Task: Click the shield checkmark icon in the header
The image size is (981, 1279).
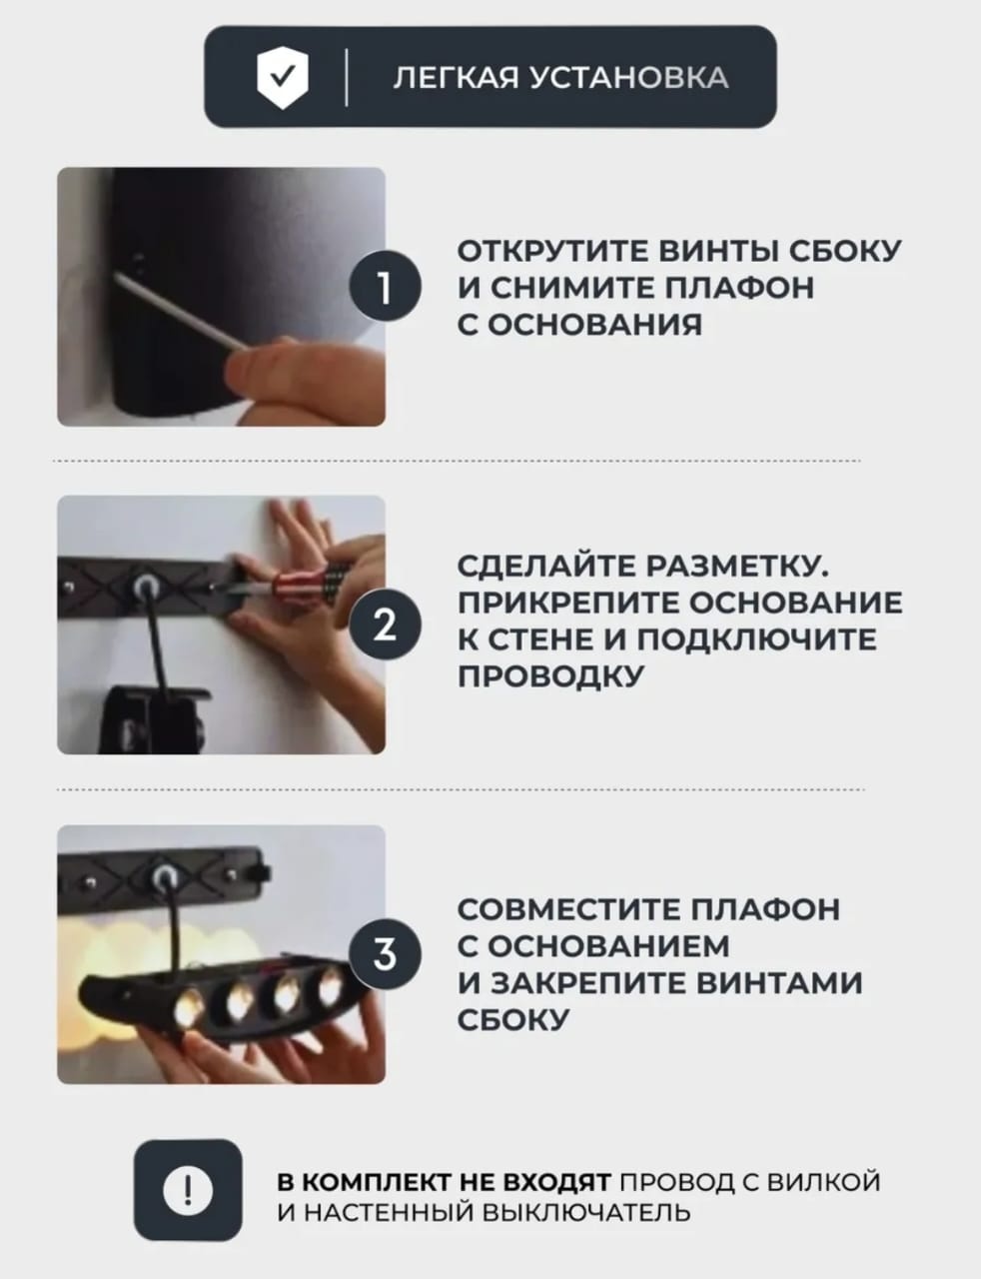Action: click(283, 77)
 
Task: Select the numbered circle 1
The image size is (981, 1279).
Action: click(385, 286)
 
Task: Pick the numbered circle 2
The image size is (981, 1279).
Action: click(385, 625)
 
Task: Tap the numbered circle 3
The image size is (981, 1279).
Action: click(385, 954)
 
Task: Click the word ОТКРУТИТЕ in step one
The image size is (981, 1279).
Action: click(552, 252)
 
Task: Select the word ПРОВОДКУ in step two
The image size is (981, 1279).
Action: click(550, 675)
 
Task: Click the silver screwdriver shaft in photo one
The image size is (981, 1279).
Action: click(180, 311)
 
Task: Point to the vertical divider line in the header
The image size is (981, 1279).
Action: click(346, 77)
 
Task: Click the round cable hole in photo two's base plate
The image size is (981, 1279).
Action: click(143, 587)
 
